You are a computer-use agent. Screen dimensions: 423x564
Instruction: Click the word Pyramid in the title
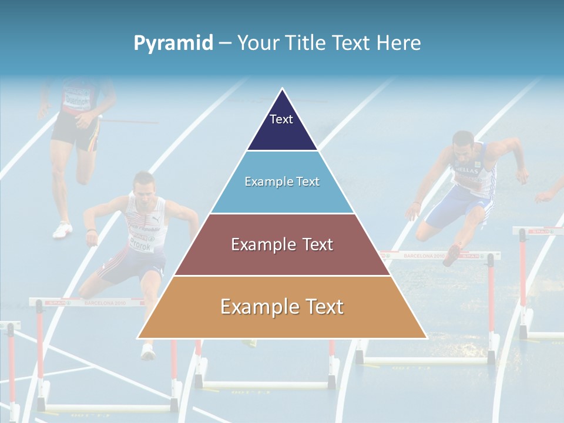coord(173,43)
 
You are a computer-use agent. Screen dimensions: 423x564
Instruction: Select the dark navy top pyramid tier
coord(282,126)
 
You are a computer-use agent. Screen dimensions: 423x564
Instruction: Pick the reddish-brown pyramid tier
coord(282,244)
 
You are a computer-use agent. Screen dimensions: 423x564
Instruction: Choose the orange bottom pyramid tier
coord(282,307)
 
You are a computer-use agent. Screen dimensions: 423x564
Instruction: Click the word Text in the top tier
coord(281,119)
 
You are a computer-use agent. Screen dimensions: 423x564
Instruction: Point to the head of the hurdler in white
coord(143,184)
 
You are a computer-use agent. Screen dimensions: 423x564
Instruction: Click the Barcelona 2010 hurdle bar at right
coord(441,256)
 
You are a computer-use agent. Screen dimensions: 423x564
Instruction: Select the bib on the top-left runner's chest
coord(76,98)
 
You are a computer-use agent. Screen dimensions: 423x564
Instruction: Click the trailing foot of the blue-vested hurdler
coord(452,254)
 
